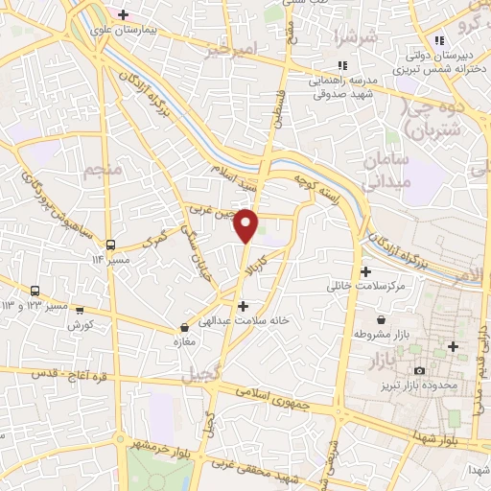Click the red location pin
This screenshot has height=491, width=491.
[247, 225]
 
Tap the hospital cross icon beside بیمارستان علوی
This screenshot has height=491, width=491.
[123, 13]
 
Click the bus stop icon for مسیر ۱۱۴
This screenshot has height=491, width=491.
[111, 244]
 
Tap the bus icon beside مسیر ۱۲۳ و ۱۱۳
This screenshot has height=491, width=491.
[35, 291]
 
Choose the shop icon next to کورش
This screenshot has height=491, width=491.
[80, 310]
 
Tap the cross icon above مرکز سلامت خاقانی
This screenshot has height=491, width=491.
[365, 271]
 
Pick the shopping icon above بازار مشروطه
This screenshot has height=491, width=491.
[383, 318]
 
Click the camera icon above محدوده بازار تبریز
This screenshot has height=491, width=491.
[418, 371]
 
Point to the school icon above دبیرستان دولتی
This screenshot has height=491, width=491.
[439, 40]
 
